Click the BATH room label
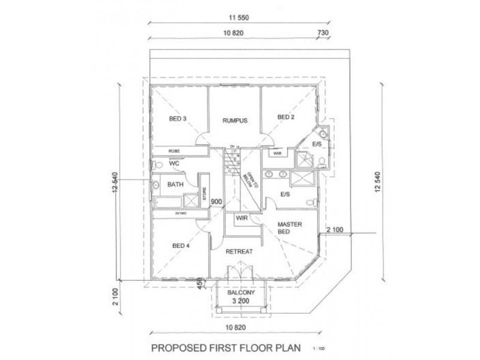tap(175, 184)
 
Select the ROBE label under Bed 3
tap(174, 151)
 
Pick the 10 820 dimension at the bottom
tap(239, 328)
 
